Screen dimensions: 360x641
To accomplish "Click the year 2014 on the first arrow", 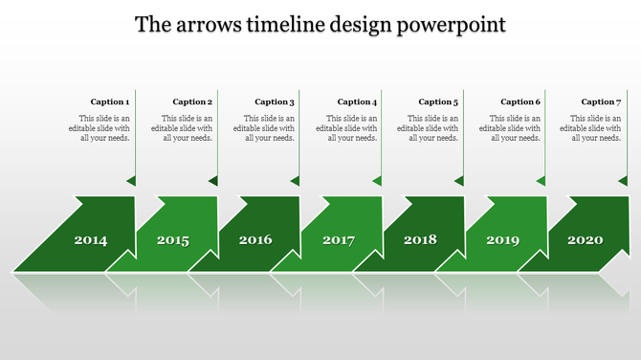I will pyautogui.click(x=91, y=239).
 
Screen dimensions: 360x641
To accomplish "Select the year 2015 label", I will pyautogui.click(x=173, y=239).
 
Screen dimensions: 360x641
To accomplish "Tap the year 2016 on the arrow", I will pyautogui.click(x=255, y=239).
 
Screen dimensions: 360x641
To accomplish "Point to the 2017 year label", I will pyautogui.click(x=339, y=239).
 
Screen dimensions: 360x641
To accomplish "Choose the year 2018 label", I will pyautogui.click(x=420, y=239).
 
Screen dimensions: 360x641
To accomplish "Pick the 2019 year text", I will pyautogui.click(x=503, y=239).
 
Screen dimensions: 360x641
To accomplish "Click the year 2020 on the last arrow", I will pyautogui.click(x=586, y=239).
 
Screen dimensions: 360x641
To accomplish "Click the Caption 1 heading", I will pyautogui.click(x=110, y=101).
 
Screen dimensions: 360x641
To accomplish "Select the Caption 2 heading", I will pyautogui.click(x=192, y=101).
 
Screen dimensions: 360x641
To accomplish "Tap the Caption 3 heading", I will pyautogui.click(x=275, y=101).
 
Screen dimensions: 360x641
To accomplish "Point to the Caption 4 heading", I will pyautogui.click(x=357, y=101).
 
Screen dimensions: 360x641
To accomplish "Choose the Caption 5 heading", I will pyautogui.click(x=438, y=101).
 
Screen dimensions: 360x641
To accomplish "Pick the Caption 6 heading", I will pyautogui.click(x=520, y=101).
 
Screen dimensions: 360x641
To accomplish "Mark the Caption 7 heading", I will pyautogui.click(x=602, y=101).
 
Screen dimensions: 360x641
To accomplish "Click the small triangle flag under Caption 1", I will pyautogui.click(x=131, y=180).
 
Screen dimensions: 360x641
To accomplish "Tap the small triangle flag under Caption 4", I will pyautogui.click(x=378, y=180).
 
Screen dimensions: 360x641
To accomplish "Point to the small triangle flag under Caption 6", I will pyautogui.click(x=542, y=180).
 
